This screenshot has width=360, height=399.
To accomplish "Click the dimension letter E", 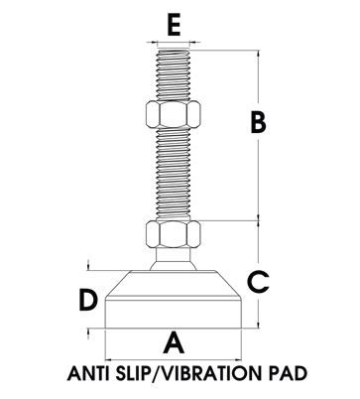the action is tap(174, 25).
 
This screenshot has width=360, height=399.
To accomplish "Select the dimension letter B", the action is tap(258, 122).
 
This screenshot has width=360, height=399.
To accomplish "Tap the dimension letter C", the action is tap(258, 282).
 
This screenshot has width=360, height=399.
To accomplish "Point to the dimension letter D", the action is tap(88, 300).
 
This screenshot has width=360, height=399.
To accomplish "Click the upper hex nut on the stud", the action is tap(173, 114).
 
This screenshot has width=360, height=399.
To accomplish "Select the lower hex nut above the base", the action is tap(173, 234).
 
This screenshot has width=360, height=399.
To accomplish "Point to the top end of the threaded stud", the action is tap(174, 51).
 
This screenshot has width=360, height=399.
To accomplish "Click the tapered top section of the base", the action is tap(173, 285).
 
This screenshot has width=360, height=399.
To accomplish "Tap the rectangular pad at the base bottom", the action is tap(173, 315).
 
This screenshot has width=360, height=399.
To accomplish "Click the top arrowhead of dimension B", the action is tap(258, 54).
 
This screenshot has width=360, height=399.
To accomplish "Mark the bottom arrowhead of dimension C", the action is tap(258, 325).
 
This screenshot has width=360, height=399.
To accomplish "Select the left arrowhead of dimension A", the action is tap(109, 359).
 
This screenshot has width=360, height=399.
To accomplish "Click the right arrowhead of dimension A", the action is tap(237, 359).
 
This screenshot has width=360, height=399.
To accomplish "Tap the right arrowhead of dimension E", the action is tap(193, 42).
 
